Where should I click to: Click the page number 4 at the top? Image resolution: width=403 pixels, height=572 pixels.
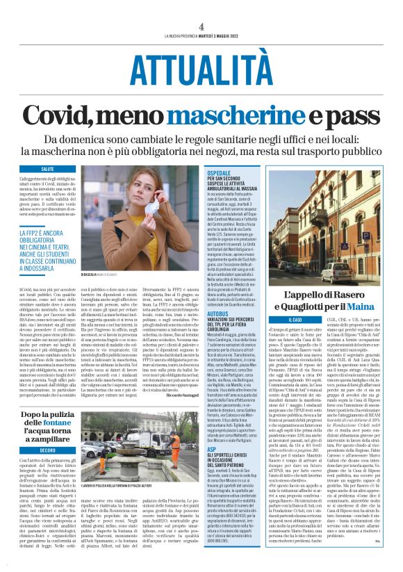point(201,26)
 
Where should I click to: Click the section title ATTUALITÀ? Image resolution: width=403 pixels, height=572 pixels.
point(201,70)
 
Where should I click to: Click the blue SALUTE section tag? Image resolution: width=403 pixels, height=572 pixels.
point(48,170)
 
